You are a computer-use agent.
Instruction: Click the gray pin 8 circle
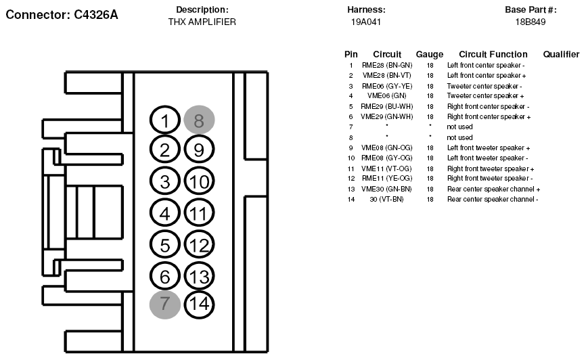(199, 120)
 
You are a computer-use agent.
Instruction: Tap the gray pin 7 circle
(165, 305)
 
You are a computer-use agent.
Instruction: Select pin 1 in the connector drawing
(165, 120)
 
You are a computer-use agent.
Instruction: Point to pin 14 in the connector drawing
(199, 304)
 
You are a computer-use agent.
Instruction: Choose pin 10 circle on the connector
(199, 181)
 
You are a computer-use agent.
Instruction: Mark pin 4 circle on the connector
(165, 213)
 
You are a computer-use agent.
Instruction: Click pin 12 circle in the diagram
(199, 245)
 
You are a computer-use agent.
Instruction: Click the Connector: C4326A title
(62, 15)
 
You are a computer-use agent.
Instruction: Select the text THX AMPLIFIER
(202, 22)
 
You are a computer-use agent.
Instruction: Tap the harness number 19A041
(366, 22)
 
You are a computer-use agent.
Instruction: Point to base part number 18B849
(531, 22)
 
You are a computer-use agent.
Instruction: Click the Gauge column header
(430, 55)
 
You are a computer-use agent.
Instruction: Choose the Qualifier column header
(561, 55)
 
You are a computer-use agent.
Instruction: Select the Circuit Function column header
(493, 55)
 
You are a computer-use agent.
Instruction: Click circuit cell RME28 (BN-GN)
(387, 66)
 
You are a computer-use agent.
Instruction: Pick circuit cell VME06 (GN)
(387, 96)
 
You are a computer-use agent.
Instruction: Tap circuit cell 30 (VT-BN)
(387, 200)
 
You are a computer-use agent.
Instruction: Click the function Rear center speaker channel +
(494, 189)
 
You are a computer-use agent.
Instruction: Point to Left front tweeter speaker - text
(488, 158)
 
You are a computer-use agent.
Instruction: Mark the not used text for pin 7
(459, 127)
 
